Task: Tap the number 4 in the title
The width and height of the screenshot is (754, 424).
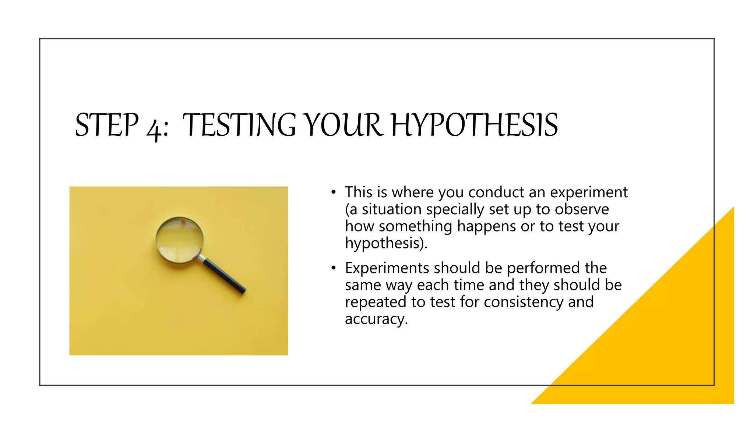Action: point(154,128)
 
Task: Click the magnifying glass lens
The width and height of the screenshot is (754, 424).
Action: point(179,240)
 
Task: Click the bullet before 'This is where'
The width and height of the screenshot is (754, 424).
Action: point(333,192)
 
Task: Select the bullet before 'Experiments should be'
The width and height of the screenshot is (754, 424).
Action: point(333,268)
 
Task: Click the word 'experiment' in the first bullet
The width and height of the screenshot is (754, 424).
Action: point(589,192)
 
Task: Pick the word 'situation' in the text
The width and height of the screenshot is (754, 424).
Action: point(391,209)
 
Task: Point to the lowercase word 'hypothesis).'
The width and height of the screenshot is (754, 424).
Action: point(386,243)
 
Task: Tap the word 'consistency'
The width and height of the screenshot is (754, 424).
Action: point(523,302)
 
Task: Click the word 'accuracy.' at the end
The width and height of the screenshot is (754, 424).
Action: point(376,319)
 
